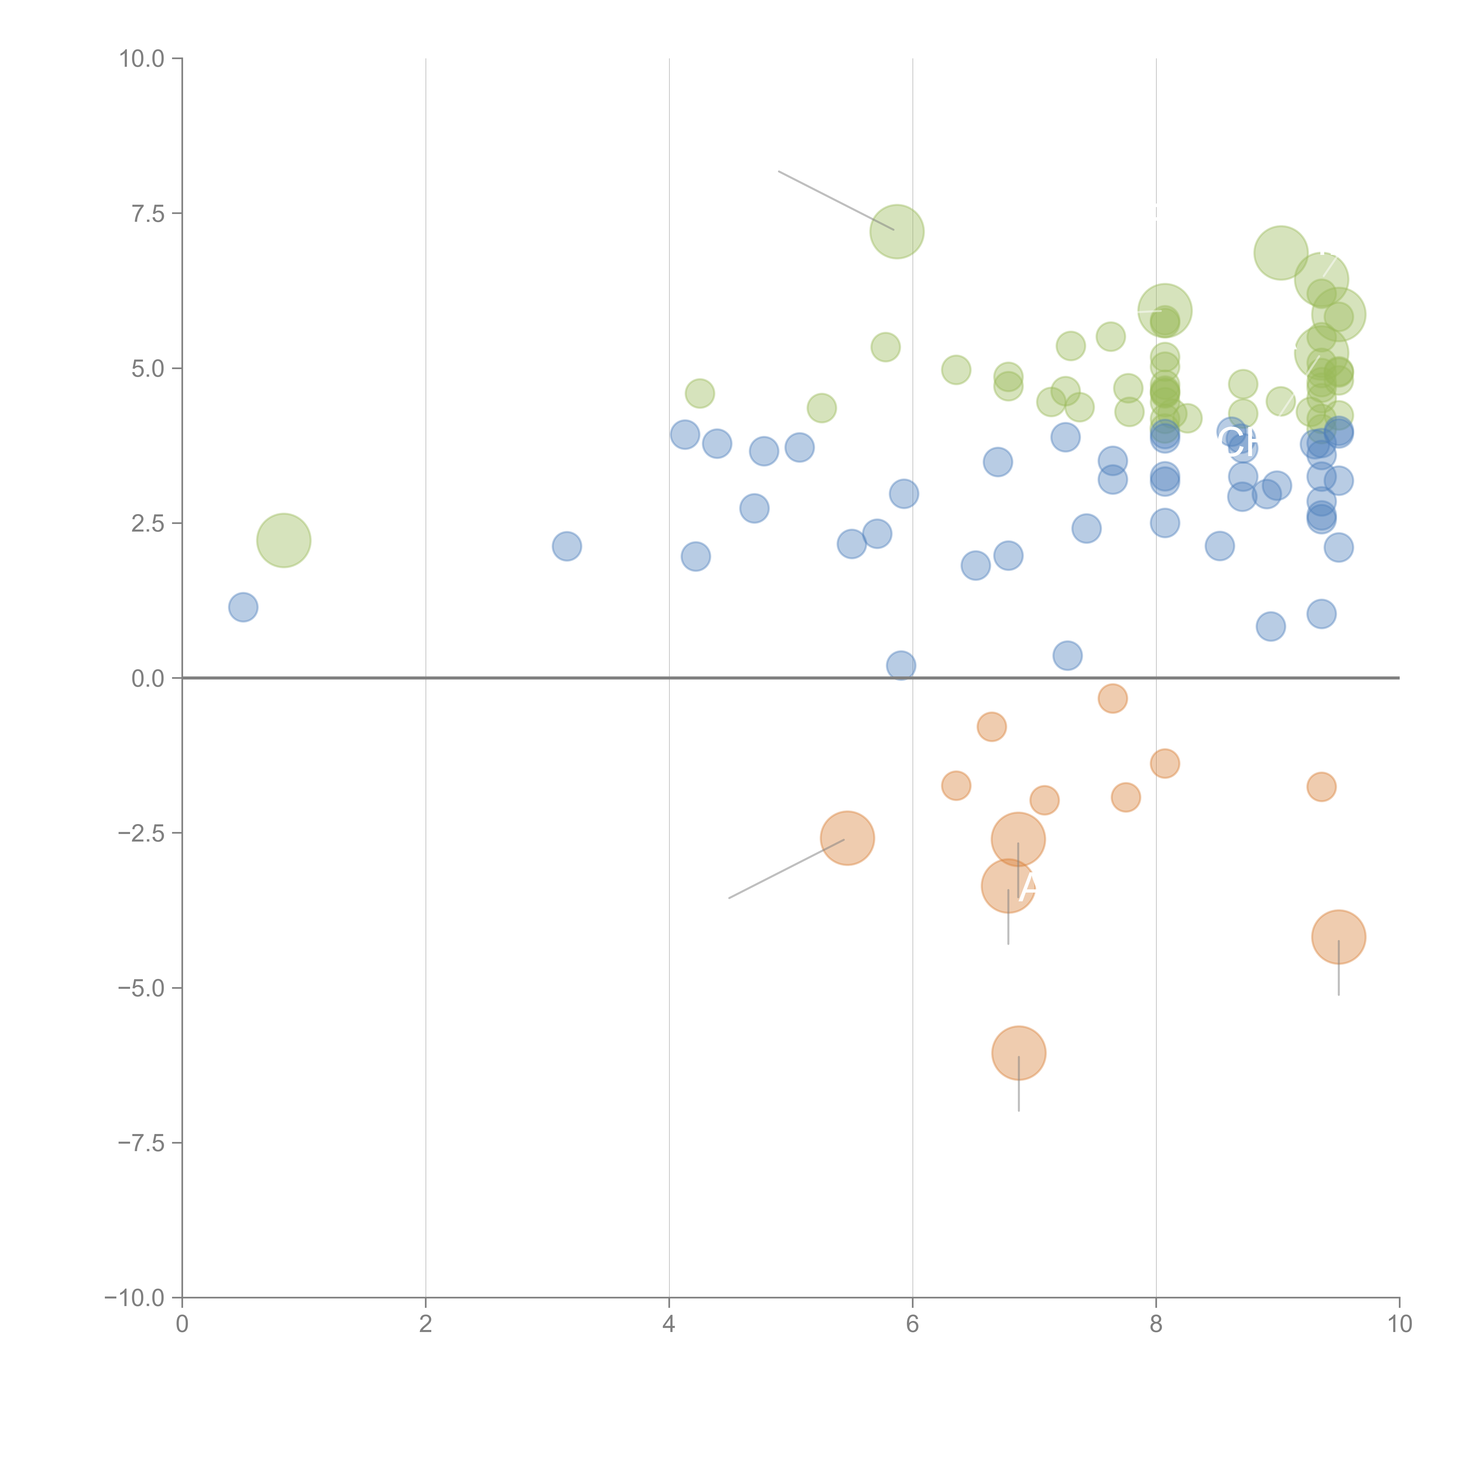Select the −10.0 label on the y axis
click(x=134, y=1298)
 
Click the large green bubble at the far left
click(x=284, y=540)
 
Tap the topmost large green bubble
click(x=897, y=231)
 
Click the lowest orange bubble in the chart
click(x=1019, y=1053)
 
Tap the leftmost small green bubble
click(x=700, y=393)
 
